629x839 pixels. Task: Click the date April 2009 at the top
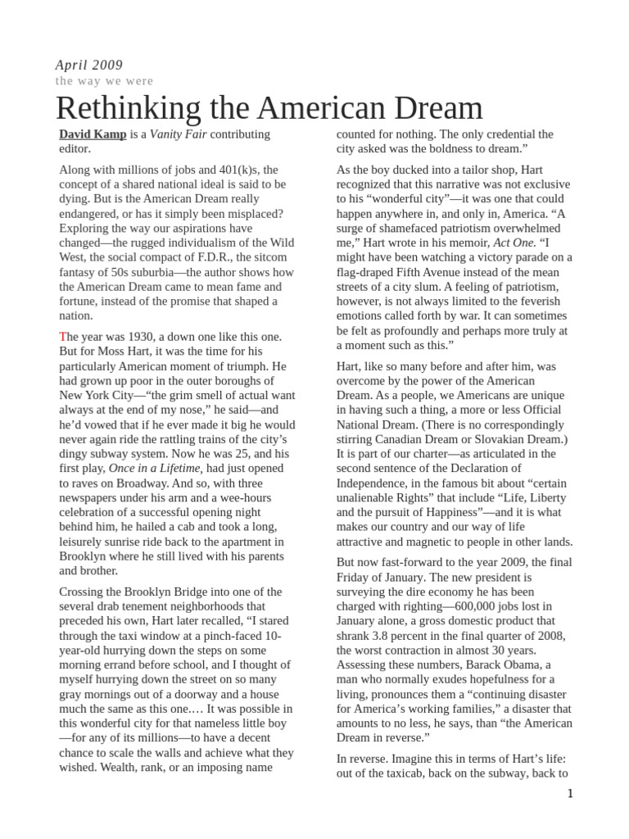pos(88,65)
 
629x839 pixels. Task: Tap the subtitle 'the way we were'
pos(104,81)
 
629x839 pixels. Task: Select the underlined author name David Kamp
pos(93,134)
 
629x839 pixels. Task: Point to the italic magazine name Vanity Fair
pos(178,134)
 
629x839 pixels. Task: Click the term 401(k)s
pos(236,170)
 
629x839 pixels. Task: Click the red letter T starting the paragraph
pos(62,337)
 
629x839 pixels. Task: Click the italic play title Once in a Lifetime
pos(155,467)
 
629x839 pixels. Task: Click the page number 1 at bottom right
pos(569,794)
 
